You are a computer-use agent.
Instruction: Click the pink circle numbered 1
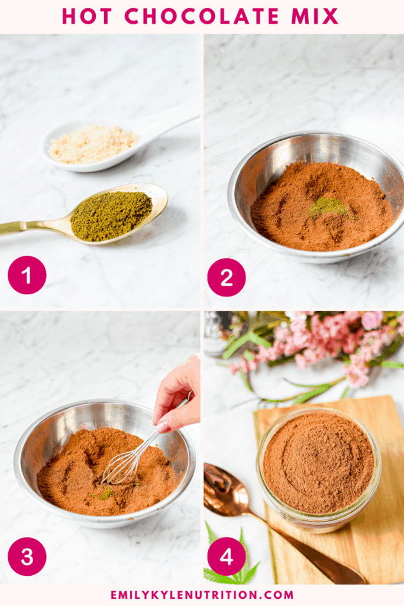click(27, 275)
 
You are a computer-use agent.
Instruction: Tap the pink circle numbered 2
click(227, 277)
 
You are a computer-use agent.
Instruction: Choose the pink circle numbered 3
click(27, 556)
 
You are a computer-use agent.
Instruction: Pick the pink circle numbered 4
click(227, 556)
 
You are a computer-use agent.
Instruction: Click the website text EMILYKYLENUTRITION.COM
click(202, 594)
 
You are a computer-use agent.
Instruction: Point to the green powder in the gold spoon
click(111, 215)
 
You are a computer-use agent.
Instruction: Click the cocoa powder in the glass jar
click(318, 462)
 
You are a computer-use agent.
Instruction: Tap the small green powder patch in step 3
click(105, 493)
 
